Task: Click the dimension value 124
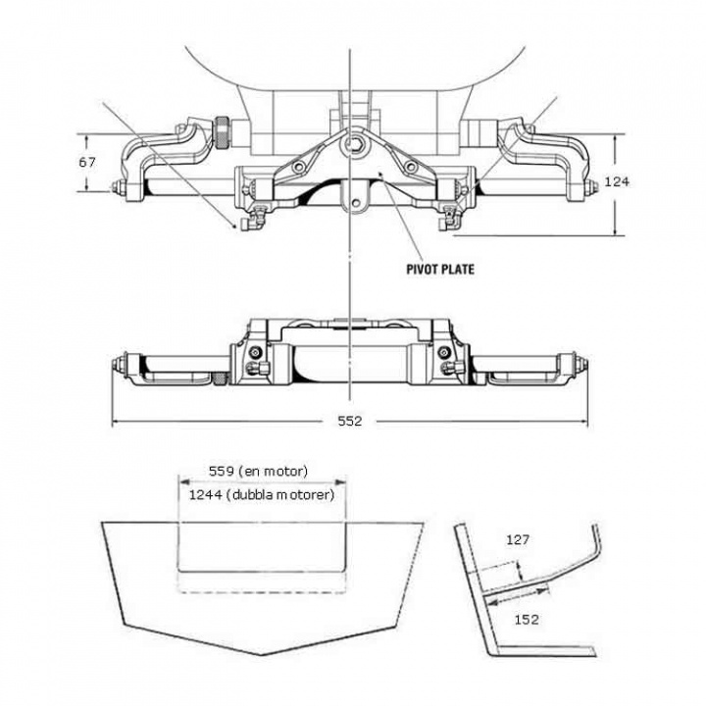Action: tap(615, 180)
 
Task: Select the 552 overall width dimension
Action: tap(350, 422)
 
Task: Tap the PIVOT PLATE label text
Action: tap(439, 268)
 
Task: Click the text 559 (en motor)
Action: tap(259, 471)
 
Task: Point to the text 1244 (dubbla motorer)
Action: tap(262, 495)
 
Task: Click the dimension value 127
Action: tap(521, 538)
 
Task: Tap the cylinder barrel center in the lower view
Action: tap(350, 357)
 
